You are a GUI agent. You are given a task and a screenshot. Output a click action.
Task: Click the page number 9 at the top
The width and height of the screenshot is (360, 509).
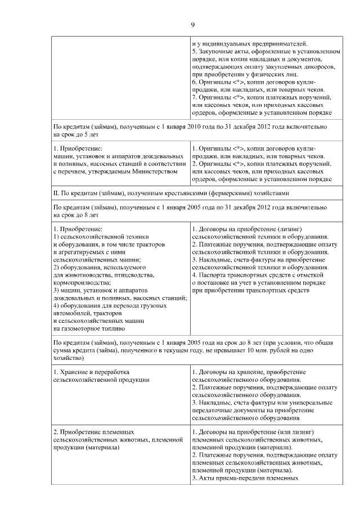pos(192,24)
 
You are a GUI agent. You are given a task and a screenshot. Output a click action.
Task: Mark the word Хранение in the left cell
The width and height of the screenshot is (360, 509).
pos(74,372)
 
